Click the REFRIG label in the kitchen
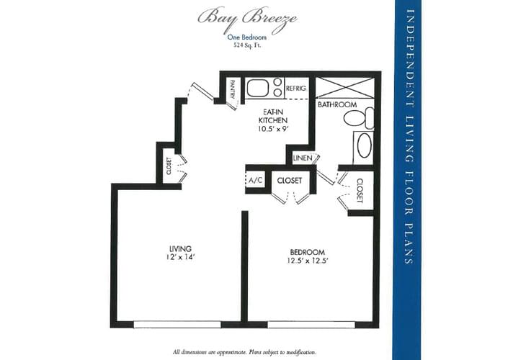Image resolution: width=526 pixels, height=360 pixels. [x=296, y=88]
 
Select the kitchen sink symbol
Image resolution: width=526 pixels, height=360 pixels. [x=264, y=88]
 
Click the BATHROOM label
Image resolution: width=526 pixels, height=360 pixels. [x=337, y=104]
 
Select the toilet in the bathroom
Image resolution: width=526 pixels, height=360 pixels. [x=367, y=117]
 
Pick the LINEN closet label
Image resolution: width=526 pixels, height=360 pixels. [x=303, y=158]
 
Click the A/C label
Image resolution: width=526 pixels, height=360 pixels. [x=255, y=180]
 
